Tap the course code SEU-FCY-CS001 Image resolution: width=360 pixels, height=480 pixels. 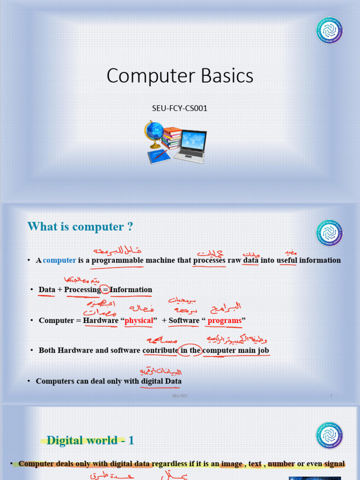coord(180,108)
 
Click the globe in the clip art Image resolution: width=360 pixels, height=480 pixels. coord(154,131)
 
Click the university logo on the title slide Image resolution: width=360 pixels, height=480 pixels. coord(329,30)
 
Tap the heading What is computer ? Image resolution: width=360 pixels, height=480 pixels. coord(80,227)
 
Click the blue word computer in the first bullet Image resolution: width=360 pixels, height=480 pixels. coord(60,260)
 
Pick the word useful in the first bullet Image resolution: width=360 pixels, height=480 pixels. coord(286,260)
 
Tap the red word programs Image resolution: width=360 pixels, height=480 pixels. coord(224,321)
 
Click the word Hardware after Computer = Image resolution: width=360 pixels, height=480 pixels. coord(101,321)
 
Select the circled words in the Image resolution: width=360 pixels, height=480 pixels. coord(190,350)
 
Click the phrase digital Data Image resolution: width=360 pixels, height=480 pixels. coord(162,382)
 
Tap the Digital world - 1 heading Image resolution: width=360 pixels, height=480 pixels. coord(90,440)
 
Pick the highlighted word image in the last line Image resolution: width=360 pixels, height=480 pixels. coord(232,464)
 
